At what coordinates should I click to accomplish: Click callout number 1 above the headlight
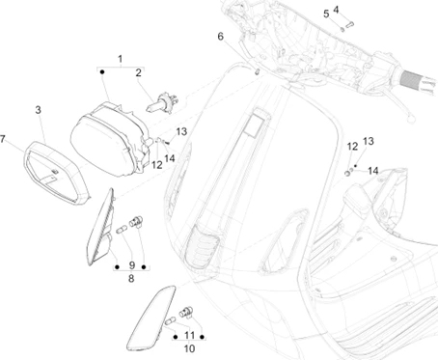121,59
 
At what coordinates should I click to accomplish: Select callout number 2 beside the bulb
138,72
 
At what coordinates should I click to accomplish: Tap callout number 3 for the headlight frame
39,110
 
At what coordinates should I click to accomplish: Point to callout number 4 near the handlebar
336,10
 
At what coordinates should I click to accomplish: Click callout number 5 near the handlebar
326,14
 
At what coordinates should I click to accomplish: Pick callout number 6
220,37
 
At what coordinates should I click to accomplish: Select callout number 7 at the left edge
3,139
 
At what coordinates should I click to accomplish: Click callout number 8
131,279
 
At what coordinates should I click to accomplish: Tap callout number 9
132,265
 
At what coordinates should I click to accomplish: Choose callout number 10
189,348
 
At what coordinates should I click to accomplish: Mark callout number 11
190,336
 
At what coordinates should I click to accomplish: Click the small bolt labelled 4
349,24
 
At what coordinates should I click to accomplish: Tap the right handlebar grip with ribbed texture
419,82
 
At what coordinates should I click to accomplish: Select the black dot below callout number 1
102,72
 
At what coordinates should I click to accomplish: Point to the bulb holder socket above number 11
186,311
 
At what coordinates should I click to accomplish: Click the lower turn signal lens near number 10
151,318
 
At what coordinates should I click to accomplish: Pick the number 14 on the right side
373,171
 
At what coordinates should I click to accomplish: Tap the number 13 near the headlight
181,131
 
